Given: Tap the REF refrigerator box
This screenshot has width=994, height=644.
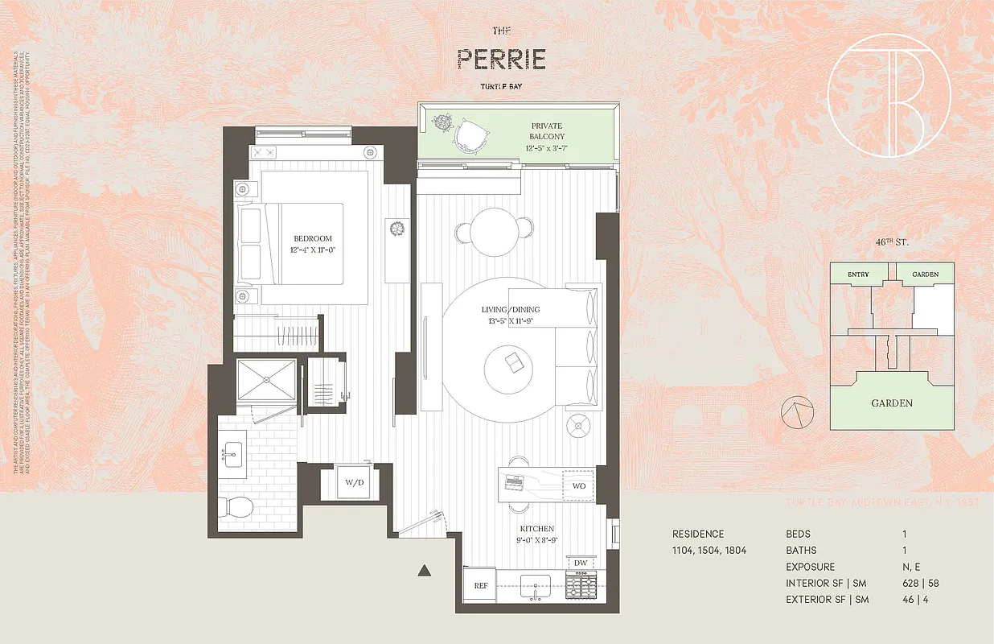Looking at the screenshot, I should (x=481, y=586).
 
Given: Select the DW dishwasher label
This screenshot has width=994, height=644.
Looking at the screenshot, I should (x=580, y=563).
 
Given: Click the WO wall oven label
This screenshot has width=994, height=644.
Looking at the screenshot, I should (x=579, y=486).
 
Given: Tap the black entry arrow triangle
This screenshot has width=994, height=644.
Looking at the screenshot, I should (x=425, y=571).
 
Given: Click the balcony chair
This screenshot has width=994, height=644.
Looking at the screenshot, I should (x=470, y=134).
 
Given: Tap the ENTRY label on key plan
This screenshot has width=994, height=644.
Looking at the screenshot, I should (x=858, y=275).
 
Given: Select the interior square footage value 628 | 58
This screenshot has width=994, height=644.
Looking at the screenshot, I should (x=917, y=583).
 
